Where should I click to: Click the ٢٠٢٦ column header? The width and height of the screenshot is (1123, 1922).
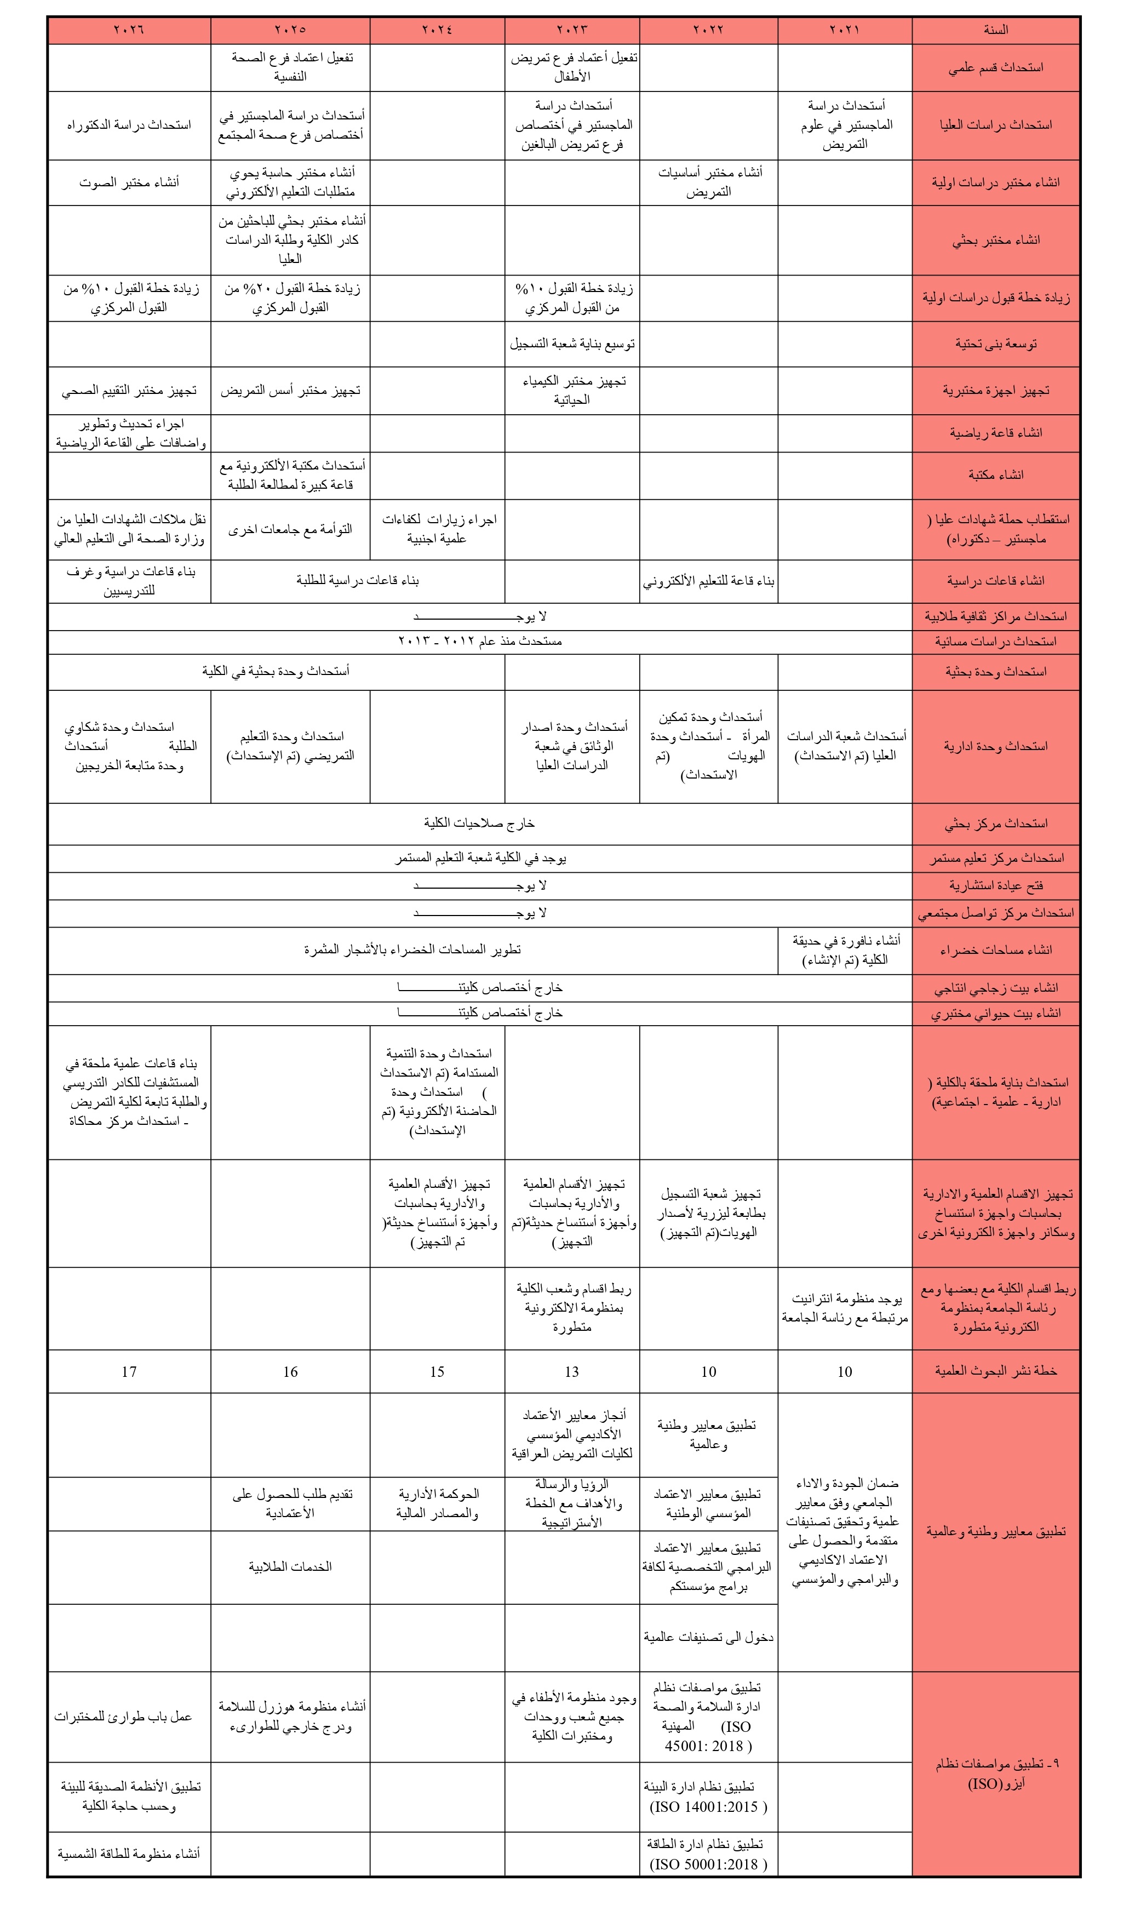tap(129, 30)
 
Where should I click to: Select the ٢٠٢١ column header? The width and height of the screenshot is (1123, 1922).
tap(844, 30)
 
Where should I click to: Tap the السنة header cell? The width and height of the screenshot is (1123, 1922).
tap(996, 30)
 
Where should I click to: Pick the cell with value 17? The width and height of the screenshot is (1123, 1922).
tap(129, 1372)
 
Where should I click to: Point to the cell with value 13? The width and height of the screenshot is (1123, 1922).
tap(572, 1372)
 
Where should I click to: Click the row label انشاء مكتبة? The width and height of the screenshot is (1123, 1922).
tap(996, 475)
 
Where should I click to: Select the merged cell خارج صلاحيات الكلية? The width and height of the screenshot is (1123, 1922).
tap(479, 823)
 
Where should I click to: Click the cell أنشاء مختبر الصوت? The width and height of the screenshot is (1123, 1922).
tap(129, 182)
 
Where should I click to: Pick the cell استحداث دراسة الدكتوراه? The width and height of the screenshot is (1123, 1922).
tap(129, 125)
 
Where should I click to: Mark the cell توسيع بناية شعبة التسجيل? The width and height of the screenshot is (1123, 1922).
tap(572, 344)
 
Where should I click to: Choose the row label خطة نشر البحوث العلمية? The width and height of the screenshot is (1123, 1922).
tap(996, 1371)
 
